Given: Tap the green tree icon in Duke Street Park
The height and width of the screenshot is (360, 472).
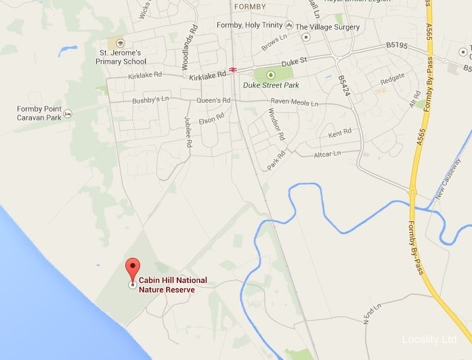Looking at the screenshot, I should [271, 74].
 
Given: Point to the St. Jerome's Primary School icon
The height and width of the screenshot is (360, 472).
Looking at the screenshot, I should [121, 43].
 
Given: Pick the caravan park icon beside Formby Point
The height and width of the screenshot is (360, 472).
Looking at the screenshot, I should [68, 113].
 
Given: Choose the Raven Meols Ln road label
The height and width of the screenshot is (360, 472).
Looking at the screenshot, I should [294, 102].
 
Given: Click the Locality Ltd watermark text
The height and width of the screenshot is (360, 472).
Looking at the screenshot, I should [430, 339].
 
